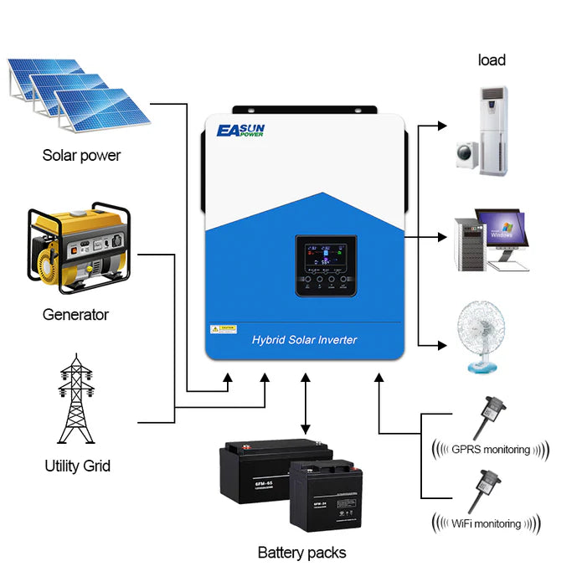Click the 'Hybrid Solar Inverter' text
pyautogui.click(x=304, y=339)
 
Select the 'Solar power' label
pyautogui.click(x=82, y=155)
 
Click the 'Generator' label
pyautogui.click(x=75, y=315)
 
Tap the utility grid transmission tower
pyautogui.click(x=76, y=399)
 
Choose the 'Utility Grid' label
pyautogui.click(x=77, y=466)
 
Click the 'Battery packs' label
pyautogui.click(x=301, y=552)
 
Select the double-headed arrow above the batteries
pyautogui.click(x=306, y=405)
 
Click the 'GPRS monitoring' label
pyautogui.click(x=490, y=450)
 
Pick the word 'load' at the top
pyautogui.click(x=492, y=59)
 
